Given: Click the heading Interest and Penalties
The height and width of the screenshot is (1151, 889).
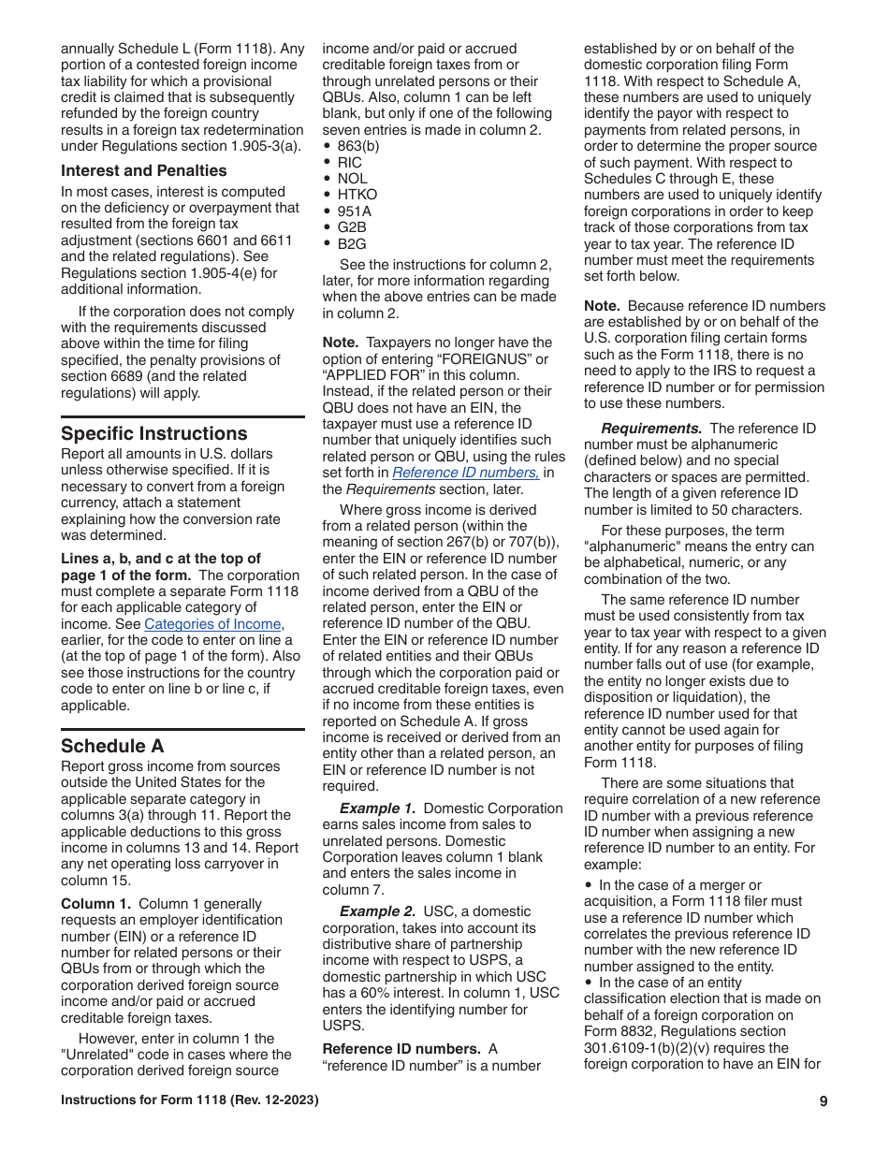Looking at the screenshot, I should [x=144, y=170].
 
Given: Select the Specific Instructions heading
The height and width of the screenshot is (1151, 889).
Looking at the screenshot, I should [x=154, y=433].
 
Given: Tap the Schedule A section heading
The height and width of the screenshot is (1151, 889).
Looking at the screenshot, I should [x=112, y=746].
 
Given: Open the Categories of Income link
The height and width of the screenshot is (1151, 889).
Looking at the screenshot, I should [x=212, y=624].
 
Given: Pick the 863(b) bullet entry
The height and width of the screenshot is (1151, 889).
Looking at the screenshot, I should [x=358, y=146].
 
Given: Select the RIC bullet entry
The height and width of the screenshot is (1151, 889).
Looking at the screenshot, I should [x=349, y=162].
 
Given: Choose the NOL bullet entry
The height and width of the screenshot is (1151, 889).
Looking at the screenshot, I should [x=352, y=179].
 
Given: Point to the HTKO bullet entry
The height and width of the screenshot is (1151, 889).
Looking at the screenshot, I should [x=357, y=195].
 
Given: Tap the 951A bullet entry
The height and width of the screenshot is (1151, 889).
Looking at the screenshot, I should [x=354, y=211].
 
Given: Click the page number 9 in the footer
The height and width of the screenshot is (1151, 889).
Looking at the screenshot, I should [x=823, y=1101].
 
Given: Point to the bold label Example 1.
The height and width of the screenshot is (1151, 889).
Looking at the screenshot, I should [x=377, y=809].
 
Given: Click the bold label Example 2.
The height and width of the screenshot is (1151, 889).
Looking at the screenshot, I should [x=377, y=911].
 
